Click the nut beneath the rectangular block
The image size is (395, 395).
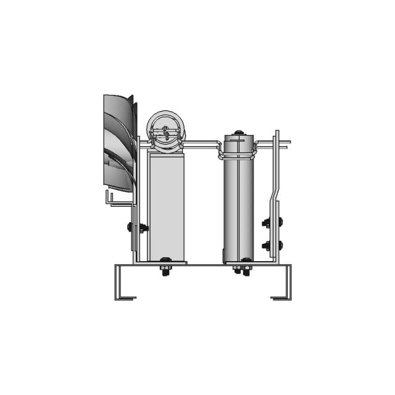click(x=166, y=271)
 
